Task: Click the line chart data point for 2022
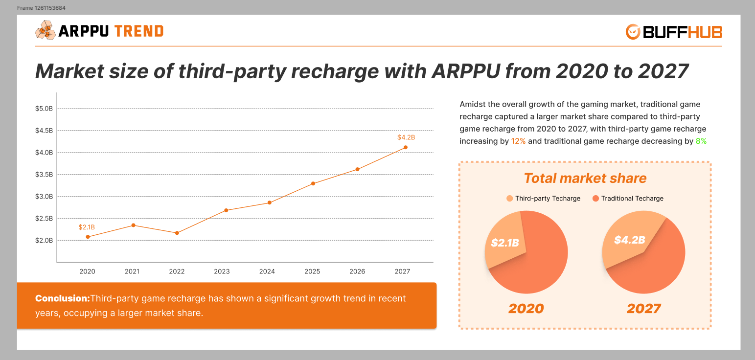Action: [x=177, y=233]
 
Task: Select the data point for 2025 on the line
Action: [x=313, y=183]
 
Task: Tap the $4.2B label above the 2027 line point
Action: [x=406, y=137]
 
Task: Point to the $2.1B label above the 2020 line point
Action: [x=87, y=227]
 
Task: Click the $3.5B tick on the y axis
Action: [x=44, y=175]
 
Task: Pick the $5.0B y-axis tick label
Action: [x=44, y=109]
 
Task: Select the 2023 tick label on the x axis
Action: [x=222, y=271]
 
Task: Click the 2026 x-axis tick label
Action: [x=357, y=271]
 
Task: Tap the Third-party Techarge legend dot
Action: [x=510, y=199]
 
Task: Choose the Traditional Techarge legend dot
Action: [x=595, y=199]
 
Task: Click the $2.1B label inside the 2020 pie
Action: [x=504, y=243]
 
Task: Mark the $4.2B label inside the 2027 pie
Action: [x=630, y=240]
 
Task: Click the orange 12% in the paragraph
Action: [x=518, y=141]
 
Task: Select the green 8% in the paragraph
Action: [x=701, y=141]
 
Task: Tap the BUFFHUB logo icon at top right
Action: [x=633, y=32]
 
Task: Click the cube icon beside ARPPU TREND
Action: [x=45, y=30]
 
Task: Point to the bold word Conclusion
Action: [x=62, y=298]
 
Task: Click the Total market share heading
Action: [x=585, y=178]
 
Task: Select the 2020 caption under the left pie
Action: [x=526, y=309]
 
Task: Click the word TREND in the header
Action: [x=138, y=31]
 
